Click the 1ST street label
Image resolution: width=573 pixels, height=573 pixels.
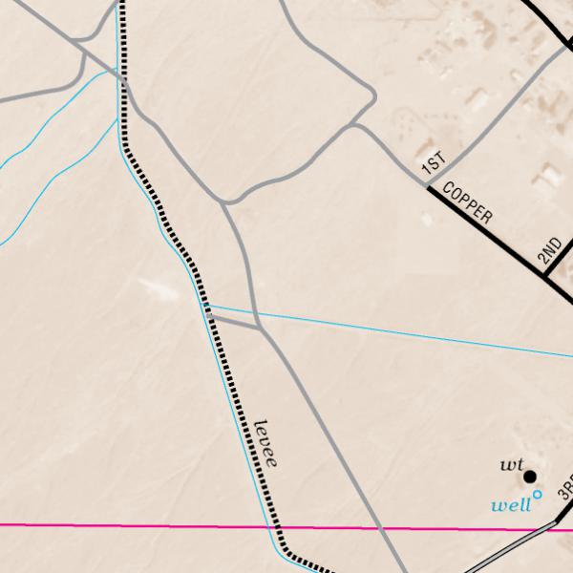click(434, 165)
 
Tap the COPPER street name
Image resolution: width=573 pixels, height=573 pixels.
click(468, 202)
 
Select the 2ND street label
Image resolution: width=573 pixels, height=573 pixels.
click(548, 250)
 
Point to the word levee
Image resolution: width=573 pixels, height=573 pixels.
click(267, 442)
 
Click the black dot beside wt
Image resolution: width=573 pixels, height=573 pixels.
click(529, 476)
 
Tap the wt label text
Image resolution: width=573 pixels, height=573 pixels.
click(510, 465)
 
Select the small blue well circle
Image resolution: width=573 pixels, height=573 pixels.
click(538, 494)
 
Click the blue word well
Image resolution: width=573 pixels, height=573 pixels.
click(509, 504)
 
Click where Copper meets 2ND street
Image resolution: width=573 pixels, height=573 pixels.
click(544, 277)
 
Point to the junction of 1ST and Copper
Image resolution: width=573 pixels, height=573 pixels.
click(429, 186)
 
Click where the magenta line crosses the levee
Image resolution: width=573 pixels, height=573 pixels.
click(275, 526)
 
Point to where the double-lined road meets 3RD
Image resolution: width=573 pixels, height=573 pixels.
click(558, 522)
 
